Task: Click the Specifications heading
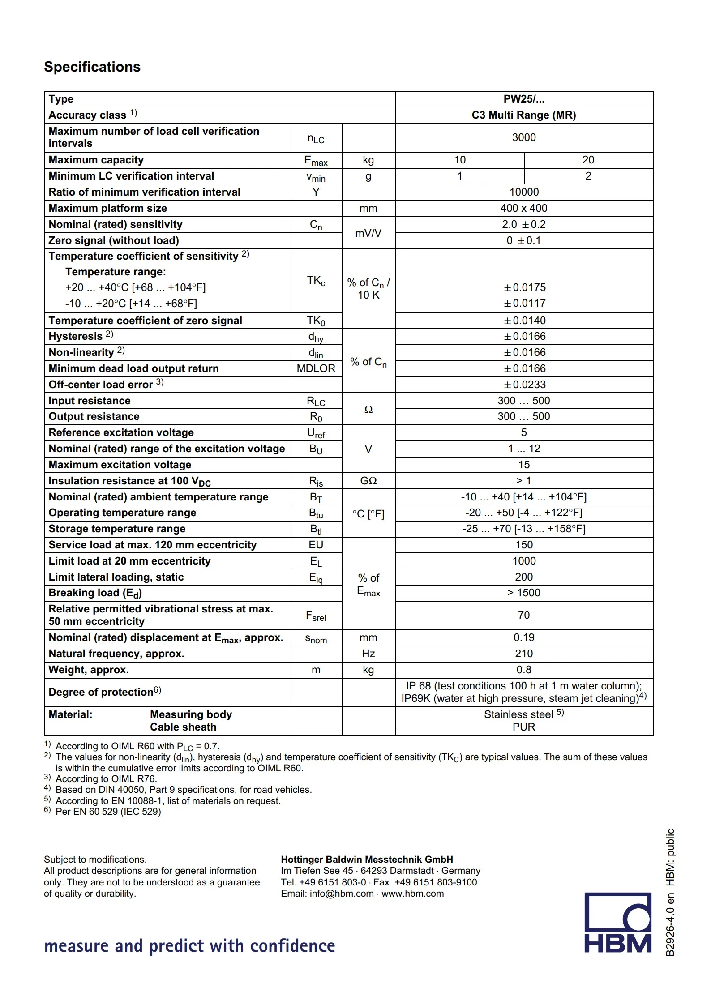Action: point(92,67)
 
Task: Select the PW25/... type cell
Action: point(524,99)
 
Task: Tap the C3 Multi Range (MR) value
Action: point(524,115)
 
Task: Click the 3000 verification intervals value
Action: point(524,137)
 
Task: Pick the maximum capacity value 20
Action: point(588,160)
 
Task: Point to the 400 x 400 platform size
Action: point(524,208)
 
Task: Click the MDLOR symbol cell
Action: point(316,368)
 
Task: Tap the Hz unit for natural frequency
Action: point(368,654)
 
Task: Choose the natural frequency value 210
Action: point(524,654)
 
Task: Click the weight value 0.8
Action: point(524,670)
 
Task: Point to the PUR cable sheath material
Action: point(524,727)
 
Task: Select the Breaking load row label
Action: point(95,593)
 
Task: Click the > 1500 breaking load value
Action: point(524,593)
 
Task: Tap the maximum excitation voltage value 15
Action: point(524,465)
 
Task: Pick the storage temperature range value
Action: point(524,529)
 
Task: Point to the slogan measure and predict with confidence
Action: point(189,946)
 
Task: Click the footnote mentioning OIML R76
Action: point(106,778)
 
